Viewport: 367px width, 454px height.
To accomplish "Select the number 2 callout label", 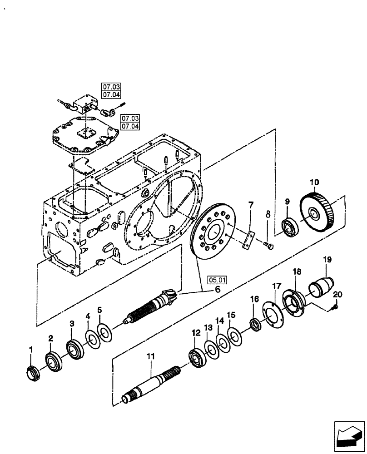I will click(50, 338).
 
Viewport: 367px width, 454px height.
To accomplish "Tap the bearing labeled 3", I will click(73, 350).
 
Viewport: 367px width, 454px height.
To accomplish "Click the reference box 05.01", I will click(217, 280).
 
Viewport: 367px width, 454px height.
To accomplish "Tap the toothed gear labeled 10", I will click(318, 213).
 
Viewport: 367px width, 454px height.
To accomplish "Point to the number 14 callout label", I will click(220, 321).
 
